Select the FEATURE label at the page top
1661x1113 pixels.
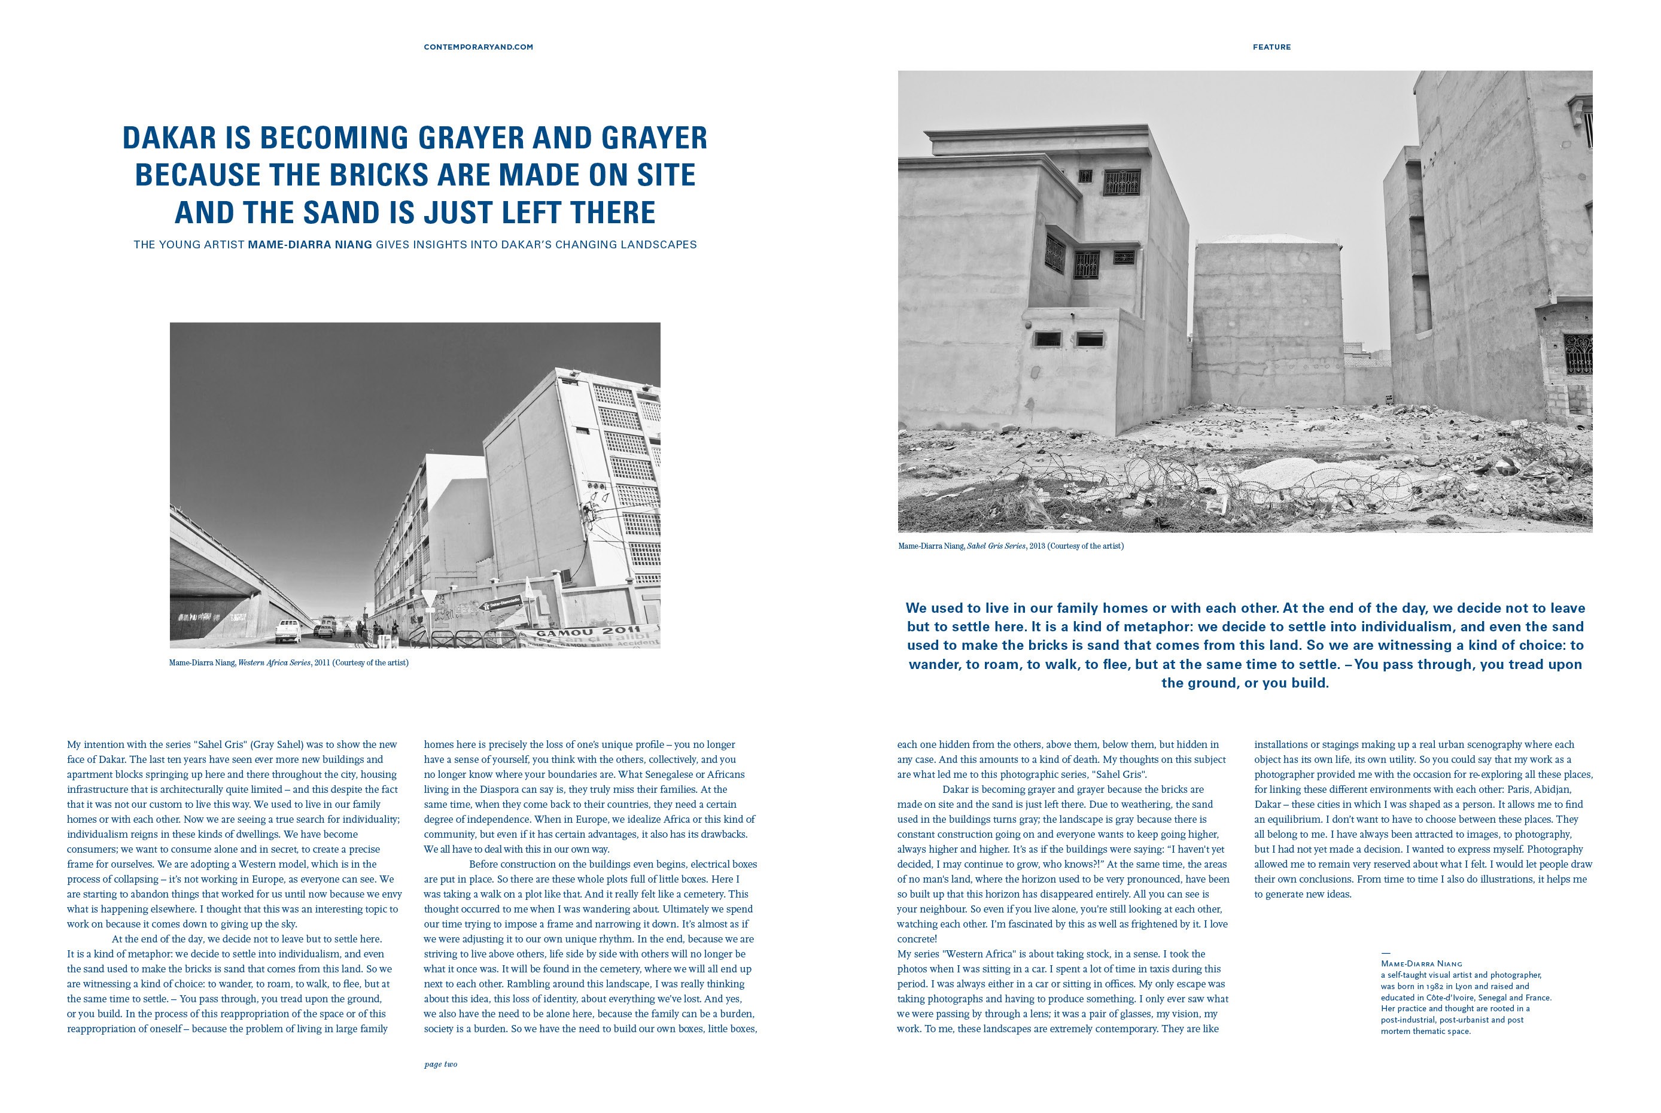click(x=1271, y=47)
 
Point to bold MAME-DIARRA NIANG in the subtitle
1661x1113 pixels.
click(x=309, y=245)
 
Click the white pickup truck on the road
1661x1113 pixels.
click(x=287, y=630)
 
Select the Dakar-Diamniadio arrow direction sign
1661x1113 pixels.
click(x=502, y=604)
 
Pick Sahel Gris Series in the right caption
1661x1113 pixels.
click(x=996, y=546)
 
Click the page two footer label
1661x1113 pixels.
click(x=440, y=1065)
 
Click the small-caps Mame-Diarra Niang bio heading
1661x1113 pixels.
click(x=1421, y=964)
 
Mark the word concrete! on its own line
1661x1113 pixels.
click(x=917, y=939)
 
